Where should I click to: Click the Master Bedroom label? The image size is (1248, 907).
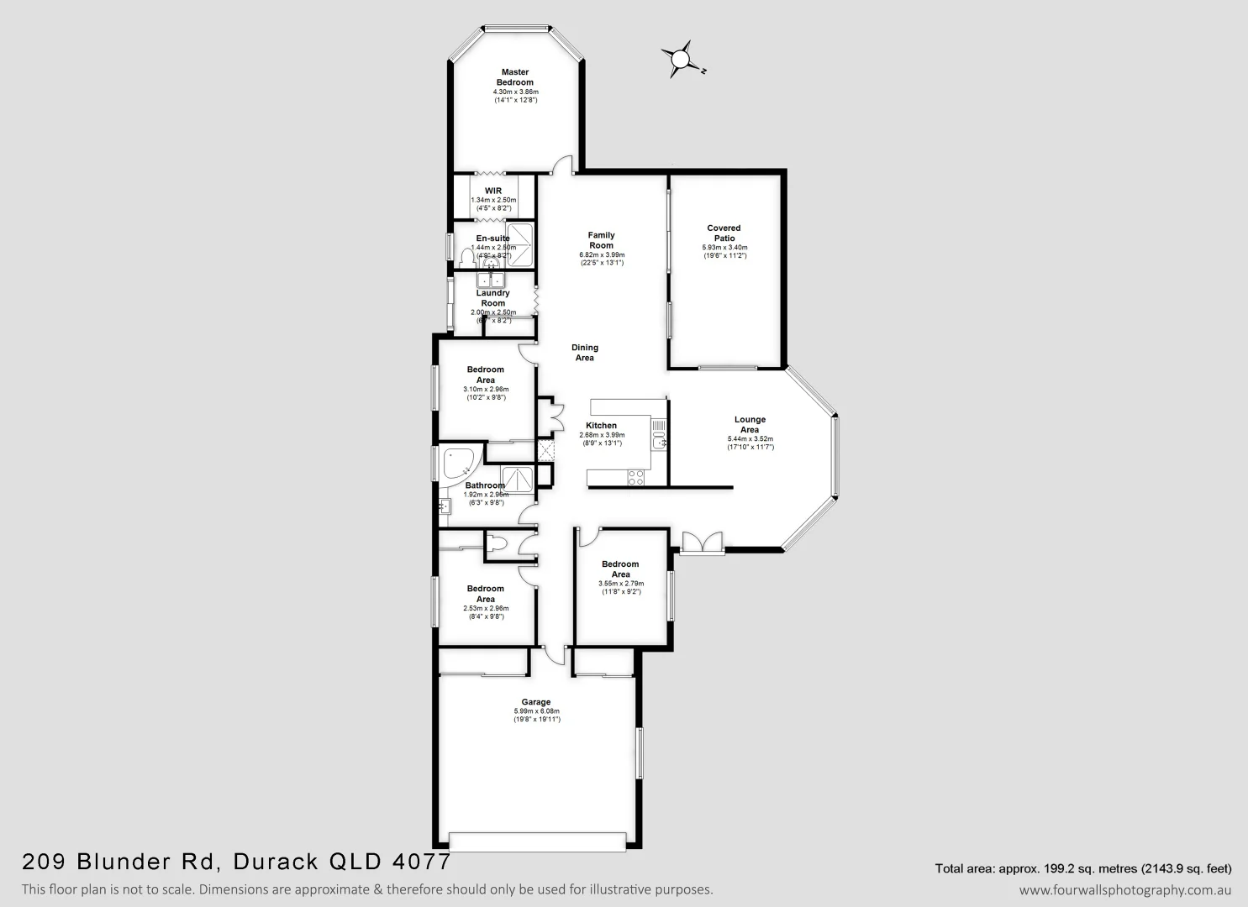515,77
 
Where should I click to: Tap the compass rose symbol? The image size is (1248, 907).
679,59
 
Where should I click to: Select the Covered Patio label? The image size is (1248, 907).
724,233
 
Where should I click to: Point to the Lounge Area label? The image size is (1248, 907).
750,424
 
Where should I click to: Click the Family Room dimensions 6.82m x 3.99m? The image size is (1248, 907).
601,254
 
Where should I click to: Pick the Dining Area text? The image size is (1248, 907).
585,353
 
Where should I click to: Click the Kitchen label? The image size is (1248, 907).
602,426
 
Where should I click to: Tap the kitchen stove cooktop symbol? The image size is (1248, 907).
636,477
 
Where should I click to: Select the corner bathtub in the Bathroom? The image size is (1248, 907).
457,464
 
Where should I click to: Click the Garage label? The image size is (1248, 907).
536,702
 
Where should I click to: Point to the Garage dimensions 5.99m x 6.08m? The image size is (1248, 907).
536,711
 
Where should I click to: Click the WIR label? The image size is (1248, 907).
492,191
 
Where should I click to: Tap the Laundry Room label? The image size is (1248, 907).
492,298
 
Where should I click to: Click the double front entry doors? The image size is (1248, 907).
702,543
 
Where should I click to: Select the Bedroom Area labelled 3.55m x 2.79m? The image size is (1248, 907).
620,569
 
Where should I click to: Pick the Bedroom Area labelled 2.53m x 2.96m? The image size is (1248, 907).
486,594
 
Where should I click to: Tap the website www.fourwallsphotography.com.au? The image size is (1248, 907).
1124,889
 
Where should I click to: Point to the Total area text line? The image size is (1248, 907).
1082,868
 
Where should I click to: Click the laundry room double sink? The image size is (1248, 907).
490,280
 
